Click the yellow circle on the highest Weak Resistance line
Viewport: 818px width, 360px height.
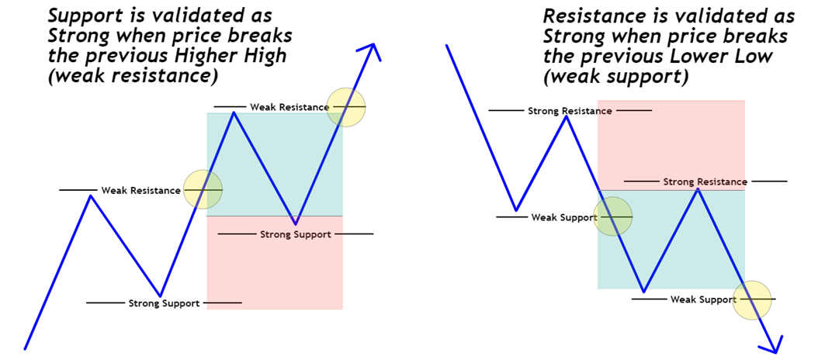(346, 106)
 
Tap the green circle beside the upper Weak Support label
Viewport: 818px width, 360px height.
(613, 216)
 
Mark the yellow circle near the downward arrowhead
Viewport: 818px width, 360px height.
(754, 299)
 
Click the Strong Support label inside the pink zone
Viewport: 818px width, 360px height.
(295, 234)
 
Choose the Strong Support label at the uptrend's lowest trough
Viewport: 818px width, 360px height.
(164, 303)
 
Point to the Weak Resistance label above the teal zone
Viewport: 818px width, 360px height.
(283, 106)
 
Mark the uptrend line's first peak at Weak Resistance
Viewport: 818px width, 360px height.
(92, 195)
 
